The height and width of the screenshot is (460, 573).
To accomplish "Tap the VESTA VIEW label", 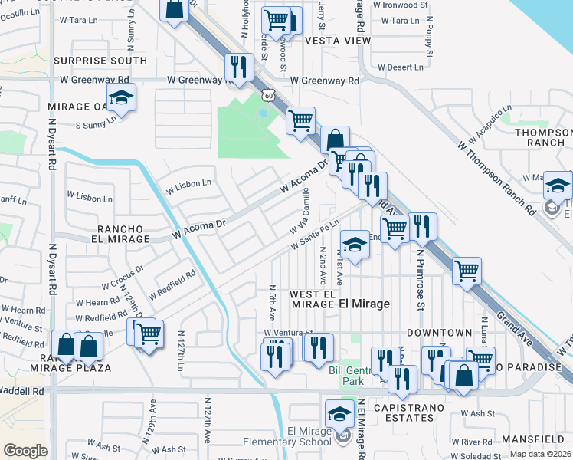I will tap(332, 40).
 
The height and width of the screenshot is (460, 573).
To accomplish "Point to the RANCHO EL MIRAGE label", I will tap(123, 234).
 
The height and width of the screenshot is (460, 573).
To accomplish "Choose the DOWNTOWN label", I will tap(439, 333).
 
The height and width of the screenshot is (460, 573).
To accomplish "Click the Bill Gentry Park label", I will tap(354, 376).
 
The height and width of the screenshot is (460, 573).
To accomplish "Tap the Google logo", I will tap(25, 451).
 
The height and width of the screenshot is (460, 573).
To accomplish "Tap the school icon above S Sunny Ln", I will tap(121, 98).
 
